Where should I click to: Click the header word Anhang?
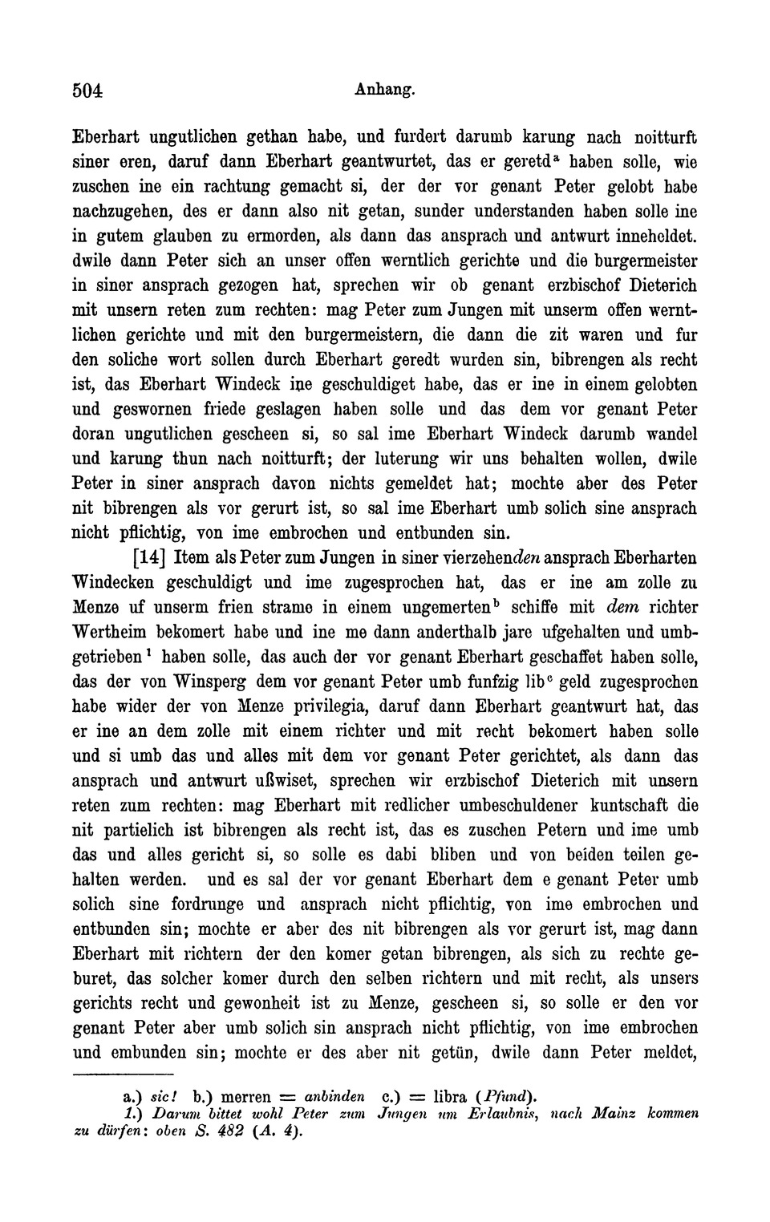[x=384, y=90]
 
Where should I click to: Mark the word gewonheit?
[x=266, y=1003]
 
